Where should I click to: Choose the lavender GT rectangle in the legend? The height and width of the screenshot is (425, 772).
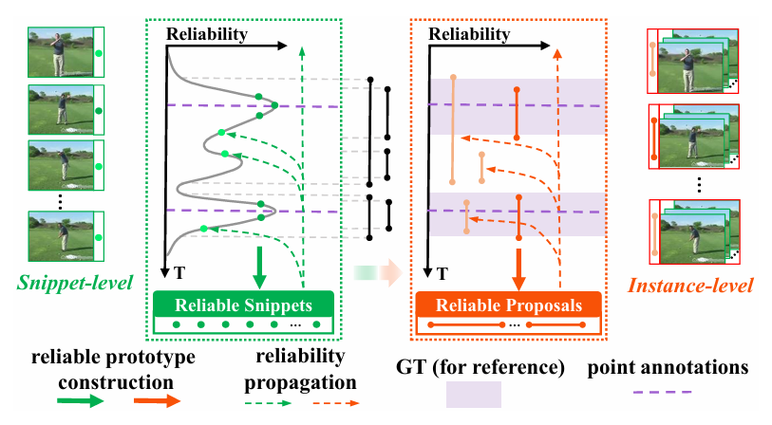(x=472, y=394)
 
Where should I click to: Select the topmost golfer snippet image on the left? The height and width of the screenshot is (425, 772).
(x=60, y=50)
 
